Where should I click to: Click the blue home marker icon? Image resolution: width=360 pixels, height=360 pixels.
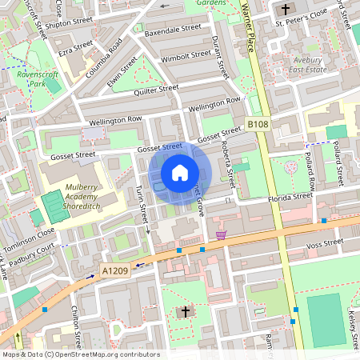(180, 172)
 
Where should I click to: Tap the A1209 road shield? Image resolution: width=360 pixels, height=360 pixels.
(115, 273)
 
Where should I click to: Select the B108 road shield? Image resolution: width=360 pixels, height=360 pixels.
(257, 124)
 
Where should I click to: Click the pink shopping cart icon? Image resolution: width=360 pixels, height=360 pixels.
(221, 235)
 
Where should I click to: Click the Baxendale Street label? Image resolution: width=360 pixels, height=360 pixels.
(173, 30)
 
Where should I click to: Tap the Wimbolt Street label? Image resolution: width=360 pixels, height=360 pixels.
(185, 58)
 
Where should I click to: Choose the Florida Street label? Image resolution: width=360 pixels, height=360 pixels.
(290, 196)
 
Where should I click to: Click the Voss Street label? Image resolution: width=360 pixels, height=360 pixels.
(324, 241)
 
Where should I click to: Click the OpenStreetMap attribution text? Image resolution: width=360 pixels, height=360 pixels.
(70, 354)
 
